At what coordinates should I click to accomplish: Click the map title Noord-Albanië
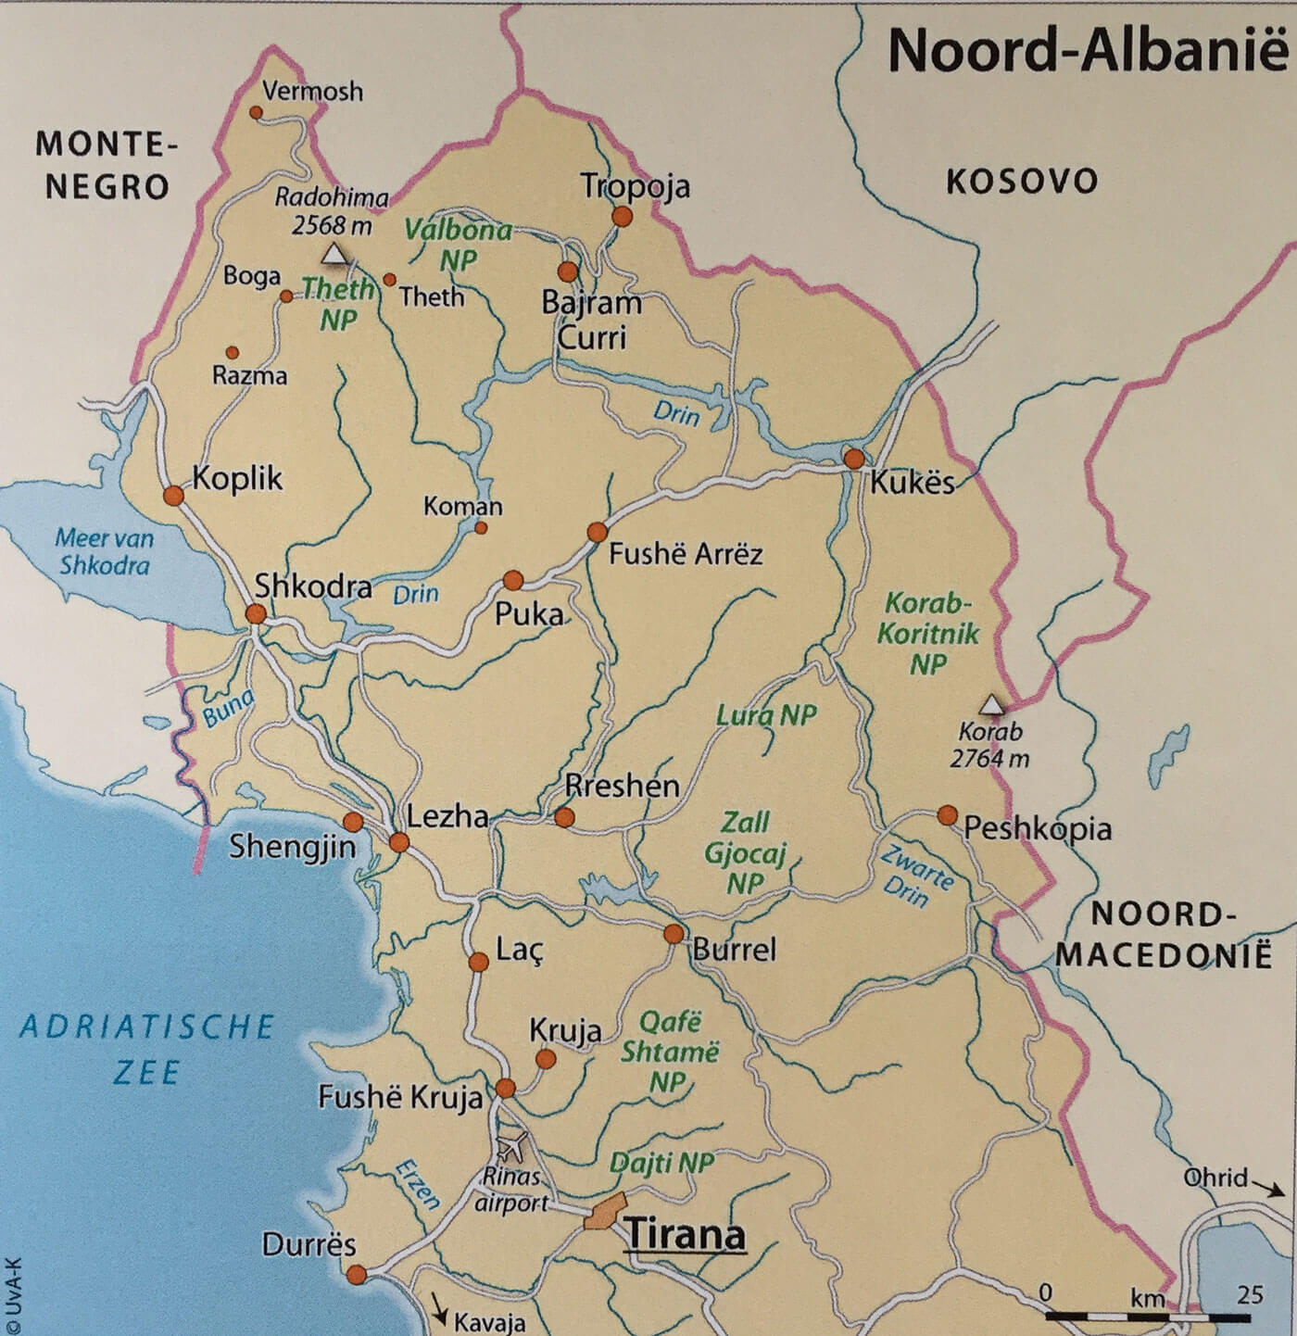1087,50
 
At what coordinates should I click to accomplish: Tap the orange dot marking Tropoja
623,217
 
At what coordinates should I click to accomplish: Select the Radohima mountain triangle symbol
334,254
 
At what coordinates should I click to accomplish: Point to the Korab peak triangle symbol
992,705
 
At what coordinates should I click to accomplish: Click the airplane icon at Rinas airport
511,1146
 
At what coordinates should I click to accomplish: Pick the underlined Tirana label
685,1235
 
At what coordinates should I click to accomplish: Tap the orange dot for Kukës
854,459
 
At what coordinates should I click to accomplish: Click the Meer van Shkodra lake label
104,551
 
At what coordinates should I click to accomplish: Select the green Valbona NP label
459,245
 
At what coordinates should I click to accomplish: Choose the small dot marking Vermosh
257,112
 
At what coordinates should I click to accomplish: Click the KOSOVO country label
1021,182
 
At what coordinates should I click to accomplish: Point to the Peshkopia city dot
947,815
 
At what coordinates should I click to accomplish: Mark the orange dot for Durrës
357,1276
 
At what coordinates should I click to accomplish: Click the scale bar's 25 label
1250,1294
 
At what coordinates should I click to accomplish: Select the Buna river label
228,709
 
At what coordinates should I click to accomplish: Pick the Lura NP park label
766,715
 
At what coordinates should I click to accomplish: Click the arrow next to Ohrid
1264,1185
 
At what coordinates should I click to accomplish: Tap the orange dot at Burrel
674,933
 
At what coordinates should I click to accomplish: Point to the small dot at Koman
481,528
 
